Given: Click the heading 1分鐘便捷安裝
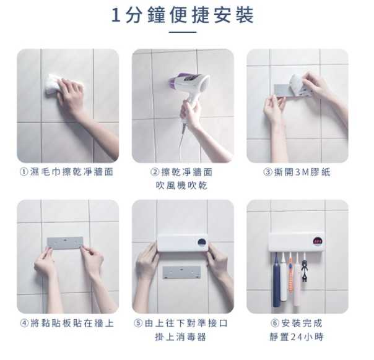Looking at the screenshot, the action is (183, 15).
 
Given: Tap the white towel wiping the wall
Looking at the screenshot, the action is (54, 86).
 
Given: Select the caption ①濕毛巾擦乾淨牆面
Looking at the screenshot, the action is (66, 172).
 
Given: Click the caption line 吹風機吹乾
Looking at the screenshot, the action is (181, 186).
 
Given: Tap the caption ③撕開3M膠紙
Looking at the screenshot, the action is (297, 172).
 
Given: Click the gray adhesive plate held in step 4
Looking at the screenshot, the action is (65, 242).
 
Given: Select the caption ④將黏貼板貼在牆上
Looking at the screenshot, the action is (67, 324).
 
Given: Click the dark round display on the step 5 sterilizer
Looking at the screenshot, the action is (202, 242).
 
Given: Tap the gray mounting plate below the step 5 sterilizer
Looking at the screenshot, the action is (181, 273).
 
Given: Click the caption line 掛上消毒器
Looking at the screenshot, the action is (180, 337).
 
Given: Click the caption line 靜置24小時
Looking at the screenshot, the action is (297, 337).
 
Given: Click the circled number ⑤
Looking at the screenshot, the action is (138, 324).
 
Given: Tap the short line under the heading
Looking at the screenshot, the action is (183, 32).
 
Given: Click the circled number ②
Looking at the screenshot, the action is (155, 172).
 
